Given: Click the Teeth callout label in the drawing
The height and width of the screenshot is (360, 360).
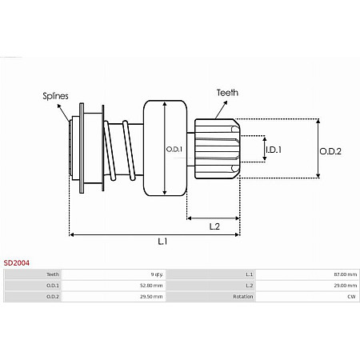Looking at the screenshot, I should tap(227, 93).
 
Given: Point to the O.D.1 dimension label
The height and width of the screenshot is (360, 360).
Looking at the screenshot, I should tap(174, 149).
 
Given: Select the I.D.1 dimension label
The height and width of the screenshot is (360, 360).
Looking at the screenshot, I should tap(274, 149).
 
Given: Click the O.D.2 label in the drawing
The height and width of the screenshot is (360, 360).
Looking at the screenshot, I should tap(331, 150).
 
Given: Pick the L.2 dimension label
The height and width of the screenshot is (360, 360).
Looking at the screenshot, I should tap(214, 226).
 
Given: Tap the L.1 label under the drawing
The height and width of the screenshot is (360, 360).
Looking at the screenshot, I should tap(162, 241).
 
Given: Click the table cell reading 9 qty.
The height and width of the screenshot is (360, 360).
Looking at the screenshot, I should tap(156, 274).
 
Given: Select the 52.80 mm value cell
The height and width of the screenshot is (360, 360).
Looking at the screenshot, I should tap(152, 285).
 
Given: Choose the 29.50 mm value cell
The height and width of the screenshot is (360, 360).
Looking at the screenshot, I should tap(152, 296).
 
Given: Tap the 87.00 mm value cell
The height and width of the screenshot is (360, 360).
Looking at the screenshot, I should tap(346, 274).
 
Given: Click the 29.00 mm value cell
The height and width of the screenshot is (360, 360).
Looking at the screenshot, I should tap(346, 285).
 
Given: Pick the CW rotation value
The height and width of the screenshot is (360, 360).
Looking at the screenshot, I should tap(352, 296).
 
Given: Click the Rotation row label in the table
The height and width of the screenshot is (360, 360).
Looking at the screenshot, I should tap(242, 296).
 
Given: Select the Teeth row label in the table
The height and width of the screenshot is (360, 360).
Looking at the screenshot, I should tap(54, 274).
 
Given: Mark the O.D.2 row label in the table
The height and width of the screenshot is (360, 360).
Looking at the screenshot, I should tap(53, 296).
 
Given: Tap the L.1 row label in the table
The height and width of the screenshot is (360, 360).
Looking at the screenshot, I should tap(249, 274).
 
